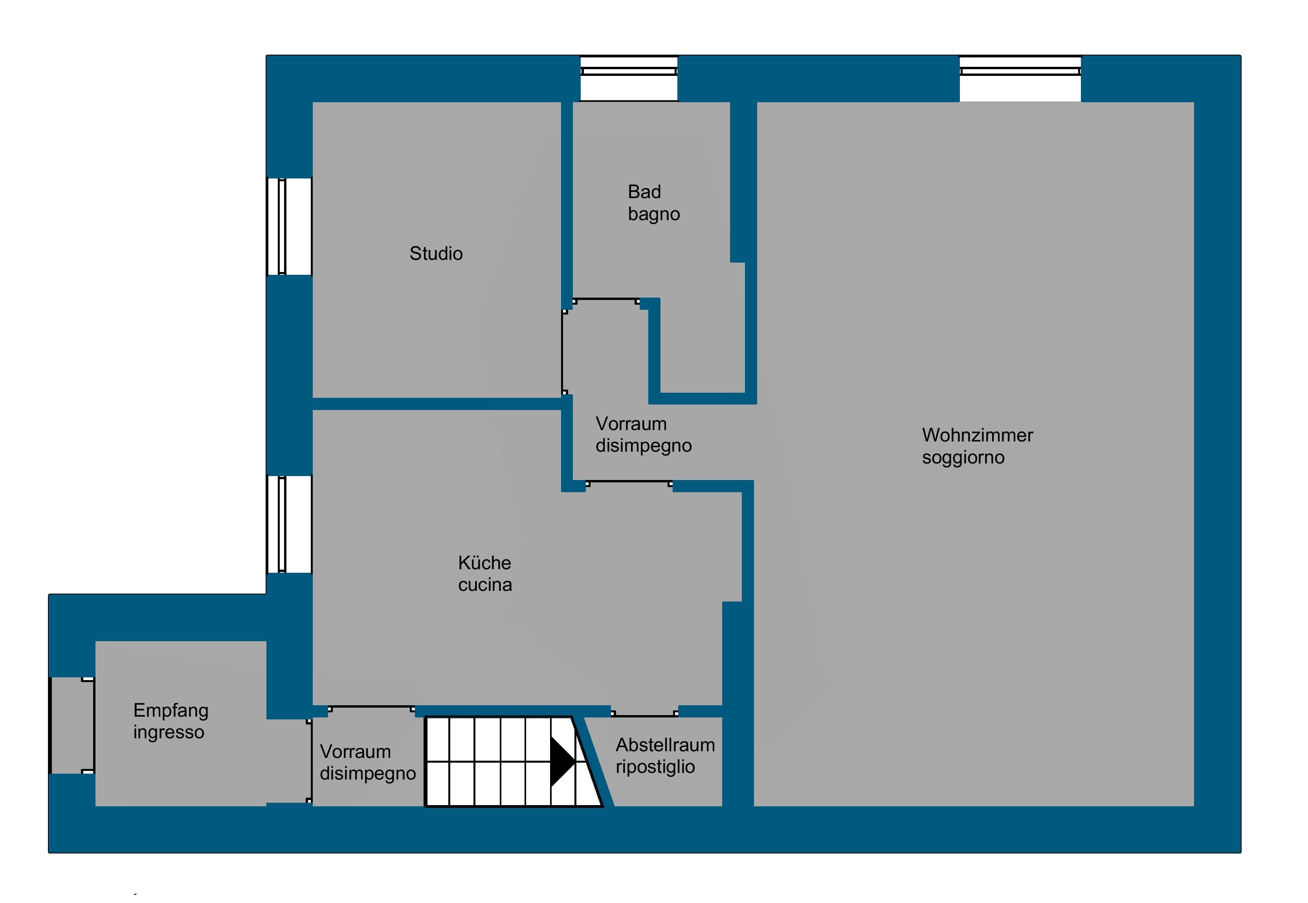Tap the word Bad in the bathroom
click(644, 192)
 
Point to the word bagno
click(654, 214)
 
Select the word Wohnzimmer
click(977, 435)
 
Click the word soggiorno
click(963, 457)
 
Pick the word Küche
click(484, 563)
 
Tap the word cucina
click(484, 585)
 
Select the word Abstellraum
click(665, 745)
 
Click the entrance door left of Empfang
click(72, 725)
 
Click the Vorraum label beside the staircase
click(368, 762)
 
